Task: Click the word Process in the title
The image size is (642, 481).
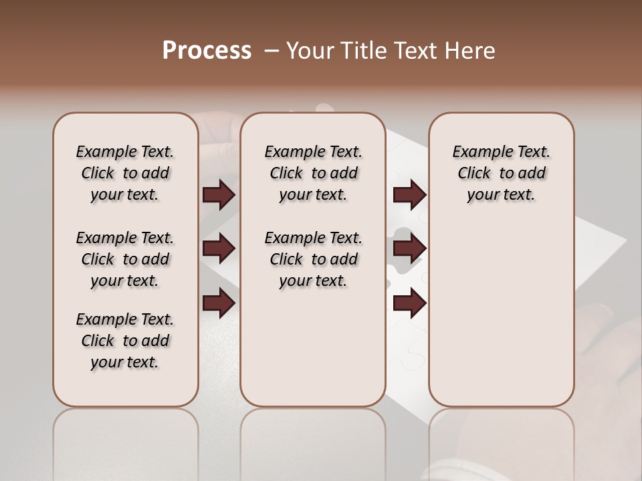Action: [x=207, y=51]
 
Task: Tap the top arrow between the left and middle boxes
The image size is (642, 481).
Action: [x=219, y=194]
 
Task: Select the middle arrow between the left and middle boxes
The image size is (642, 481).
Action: [x=219, y=249]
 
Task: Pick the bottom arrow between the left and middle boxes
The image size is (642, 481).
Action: [x=219, y=303]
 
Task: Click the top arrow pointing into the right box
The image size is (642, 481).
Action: [x=409, y=194]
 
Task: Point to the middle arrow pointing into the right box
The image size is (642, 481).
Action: [x=409, y=249]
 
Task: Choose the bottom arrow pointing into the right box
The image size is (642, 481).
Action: [x=409, y=303]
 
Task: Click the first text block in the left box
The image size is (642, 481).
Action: [x=125, y=173]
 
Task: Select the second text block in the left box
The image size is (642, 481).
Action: [x=125, y=259]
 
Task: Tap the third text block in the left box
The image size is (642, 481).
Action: [x=125, y=341]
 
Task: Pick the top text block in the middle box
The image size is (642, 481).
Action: [x=313, y=173]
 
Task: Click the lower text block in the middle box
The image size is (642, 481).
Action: [x=313, y=259]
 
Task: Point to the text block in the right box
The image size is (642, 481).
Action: [x=501, y=173]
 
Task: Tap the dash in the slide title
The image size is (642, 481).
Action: [x=271, y=51]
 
